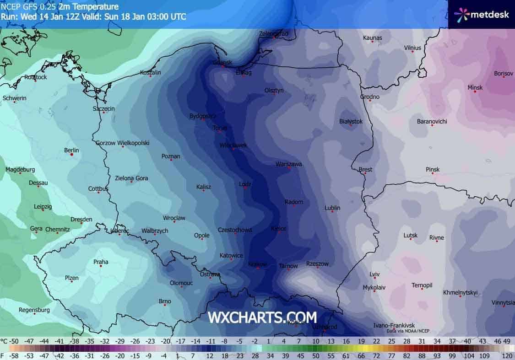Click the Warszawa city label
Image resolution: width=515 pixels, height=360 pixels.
[288, 164]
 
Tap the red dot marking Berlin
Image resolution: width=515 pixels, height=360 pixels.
[72, 155]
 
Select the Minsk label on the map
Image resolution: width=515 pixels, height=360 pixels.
[475, 87]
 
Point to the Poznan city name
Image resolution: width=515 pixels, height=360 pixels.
[171, 156]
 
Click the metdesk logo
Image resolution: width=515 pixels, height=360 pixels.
[481, 14]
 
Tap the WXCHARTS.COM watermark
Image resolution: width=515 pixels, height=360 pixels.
[262, 317]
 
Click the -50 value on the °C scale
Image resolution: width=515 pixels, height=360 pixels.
[15, 341]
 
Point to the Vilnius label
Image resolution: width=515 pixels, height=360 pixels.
[412, 48]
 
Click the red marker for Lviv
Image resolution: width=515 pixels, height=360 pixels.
[374, 279]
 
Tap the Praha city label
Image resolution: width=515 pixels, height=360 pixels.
[101, 262]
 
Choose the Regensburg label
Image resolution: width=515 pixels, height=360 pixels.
[34, 310]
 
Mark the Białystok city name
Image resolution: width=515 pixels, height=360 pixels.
[351, 121]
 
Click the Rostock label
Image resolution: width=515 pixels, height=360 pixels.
[35, 77]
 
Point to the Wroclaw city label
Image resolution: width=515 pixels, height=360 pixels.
[174, 218]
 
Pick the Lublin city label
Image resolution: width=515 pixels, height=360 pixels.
[332, 208]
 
